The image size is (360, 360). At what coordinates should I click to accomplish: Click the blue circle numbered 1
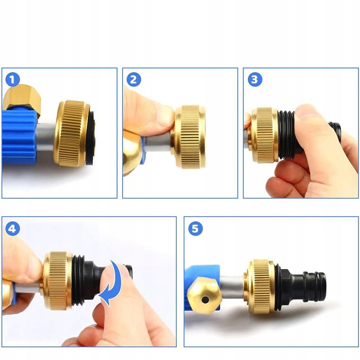tap(12, 79)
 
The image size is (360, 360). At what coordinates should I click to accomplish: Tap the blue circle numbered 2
tap(134, 79)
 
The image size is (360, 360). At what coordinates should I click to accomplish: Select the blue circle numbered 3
tap(255, 79)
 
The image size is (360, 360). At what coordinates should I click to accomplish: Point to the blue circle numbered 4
tap(12, 228)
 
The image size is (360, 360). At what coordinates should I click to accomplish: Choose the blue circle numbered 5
tap(195, 228)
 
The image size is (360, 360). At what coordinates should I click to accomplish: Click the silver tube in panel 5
tap(232, 287)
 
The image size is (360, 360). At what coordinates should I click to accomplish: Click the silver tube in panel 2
tap(159, 142)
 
